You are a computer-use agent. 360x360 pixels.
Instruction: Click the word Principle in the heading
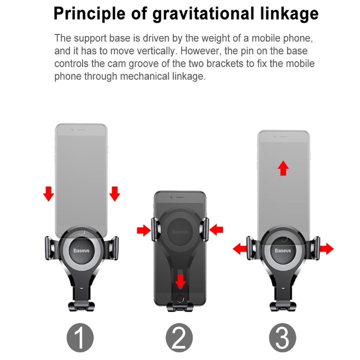pyautogui.click(x=89, y=14)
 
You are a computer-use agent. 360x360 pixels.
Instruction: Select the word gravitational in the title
pyautogui.click(x=203, y=14)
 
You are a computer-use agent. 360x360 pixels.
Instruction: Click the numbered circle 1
pyautogui.click(x=80, y=337)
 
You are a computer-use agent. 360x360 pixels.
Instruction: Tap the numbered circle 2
pyautogui.click(x=179, y=337)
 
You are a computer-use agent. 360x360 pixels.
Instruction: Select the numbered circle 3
pyautogui.click(x=282, y=337)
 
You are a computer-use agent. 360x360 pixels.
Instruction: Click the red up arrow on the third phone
pyautogui.click(x=283, y=168)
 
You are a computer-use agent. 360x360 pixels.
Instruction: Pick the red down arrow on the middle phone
pyautogui.click(x=180, y=281)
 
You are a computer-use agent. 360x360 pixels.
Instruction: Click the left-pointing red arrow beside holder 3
pyautogui.click(x=240, y=248)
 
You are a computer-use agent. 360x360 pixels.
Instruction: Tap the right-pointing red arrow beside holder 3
pyautogui.click(x=326, y=248)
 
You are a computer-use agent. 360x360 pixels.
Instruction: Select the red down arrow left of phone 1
pyautogui.click(x=48, y=194)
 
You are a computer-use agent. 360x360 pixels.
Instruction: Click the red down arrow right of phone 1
pyautogui.click(x=114, y=194)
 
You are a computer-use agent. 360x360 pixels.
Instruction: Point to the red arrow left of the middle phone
pyautogui.click(x=143, y=230)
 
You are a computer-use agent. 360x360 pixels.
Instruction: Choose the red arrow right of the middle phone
pyautogui.click(x=216, y=230)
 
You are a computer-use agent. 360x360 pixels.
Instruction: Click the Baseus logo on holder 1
pyautogui.click(x=81, y=250)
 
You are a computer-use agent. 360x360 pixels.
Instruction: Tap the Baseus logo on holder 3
pyautogui.click(x=283, y=250)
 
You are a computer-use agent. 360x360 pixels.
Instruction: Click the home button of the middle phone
pyautogui.click(x=180, y=298)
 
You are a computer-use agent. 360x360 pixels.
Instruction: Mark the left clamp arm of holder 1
pyautogui.click(x=51, y=248)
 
